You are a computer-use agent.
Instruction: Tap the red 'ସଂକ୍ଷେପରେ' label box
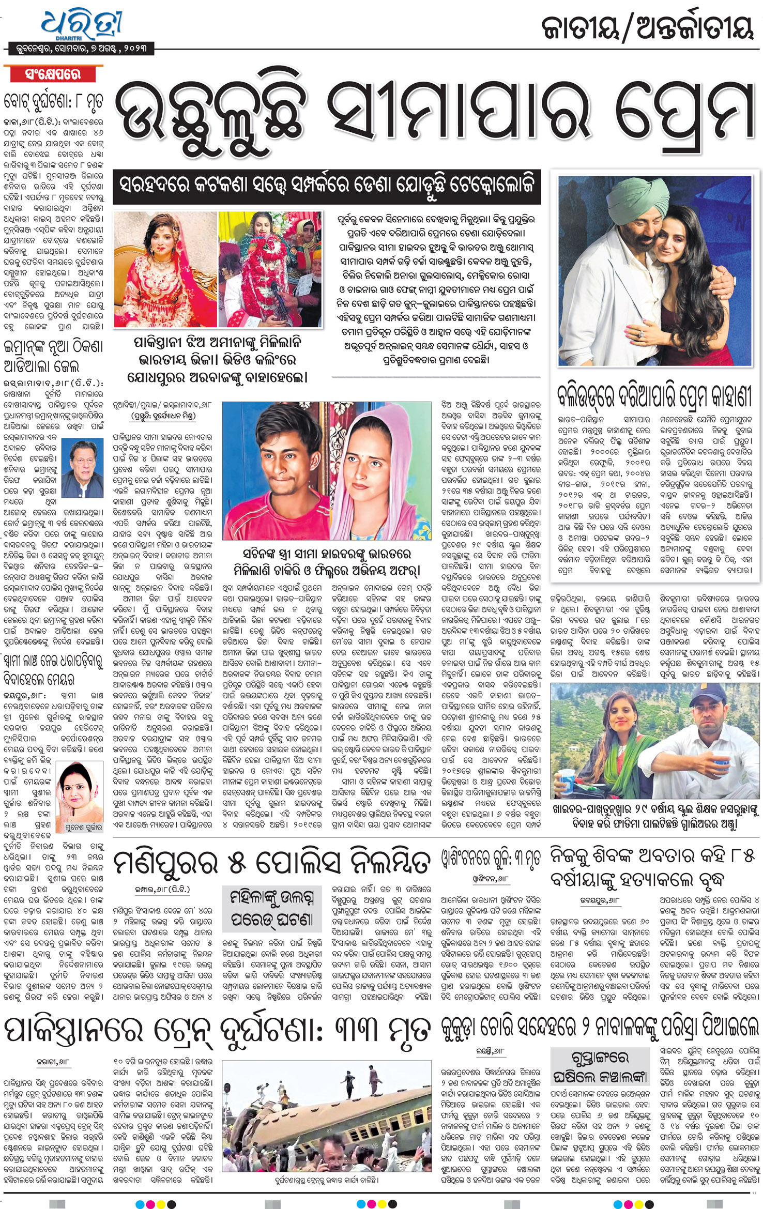click(53, 74)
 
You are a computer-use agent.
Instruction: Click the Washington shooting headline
click(490, 859)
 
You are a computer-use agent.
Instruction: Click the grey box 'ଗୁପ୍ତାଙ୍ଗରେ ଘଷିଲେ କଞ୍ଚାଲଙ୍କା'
click(600, 1066)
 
